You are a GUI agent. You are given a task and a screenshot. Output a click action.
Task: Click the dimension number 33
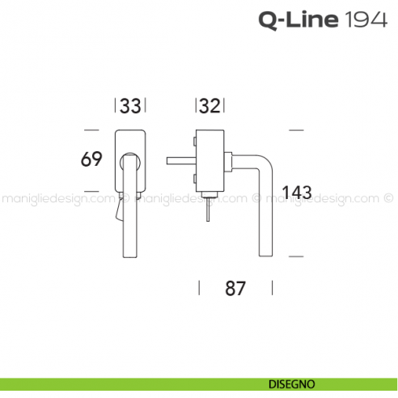pyautogui.click(x=131, y=106)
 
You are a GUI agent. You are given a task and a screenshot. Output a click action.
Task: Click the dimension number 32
pyautogui.click(x=210, y=106)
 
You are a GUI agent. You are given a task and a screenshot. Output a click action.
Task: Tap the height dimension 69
pyautogui.click(x=91, y=159)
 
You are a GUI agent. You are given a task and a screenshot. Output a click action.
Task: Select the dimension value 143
pyautogui.click(x=298, y=193)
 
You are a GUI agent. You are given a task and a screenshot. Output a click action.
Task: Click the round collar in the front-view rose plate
pyautogui.click(x=129, y=165)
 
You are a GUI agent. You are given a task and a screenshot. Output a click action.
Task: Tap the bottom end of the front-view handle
pyautogui.click(x=129, y=258)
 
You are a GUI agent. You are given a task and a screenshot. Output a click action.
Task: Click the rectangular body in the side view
pyautogui.click(x=210, y=162)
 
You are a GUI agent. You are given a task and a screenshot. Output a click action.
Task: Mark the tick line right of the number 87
pyautogui.click(x=273, y=288)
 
